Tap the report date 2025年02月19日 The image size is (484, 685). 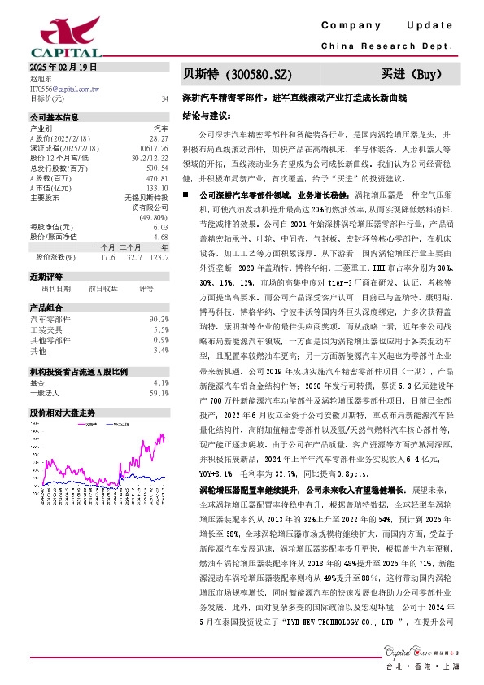tap(63, 67)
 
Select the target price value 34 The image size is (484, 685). tap(165, 98)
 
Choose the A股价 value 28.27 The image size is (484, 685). tap(159, 139)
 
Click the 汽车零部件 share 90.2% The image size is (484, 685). tap(159, 319)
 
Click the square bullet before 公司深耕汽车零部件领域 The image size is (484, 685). tap(186, 196)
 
